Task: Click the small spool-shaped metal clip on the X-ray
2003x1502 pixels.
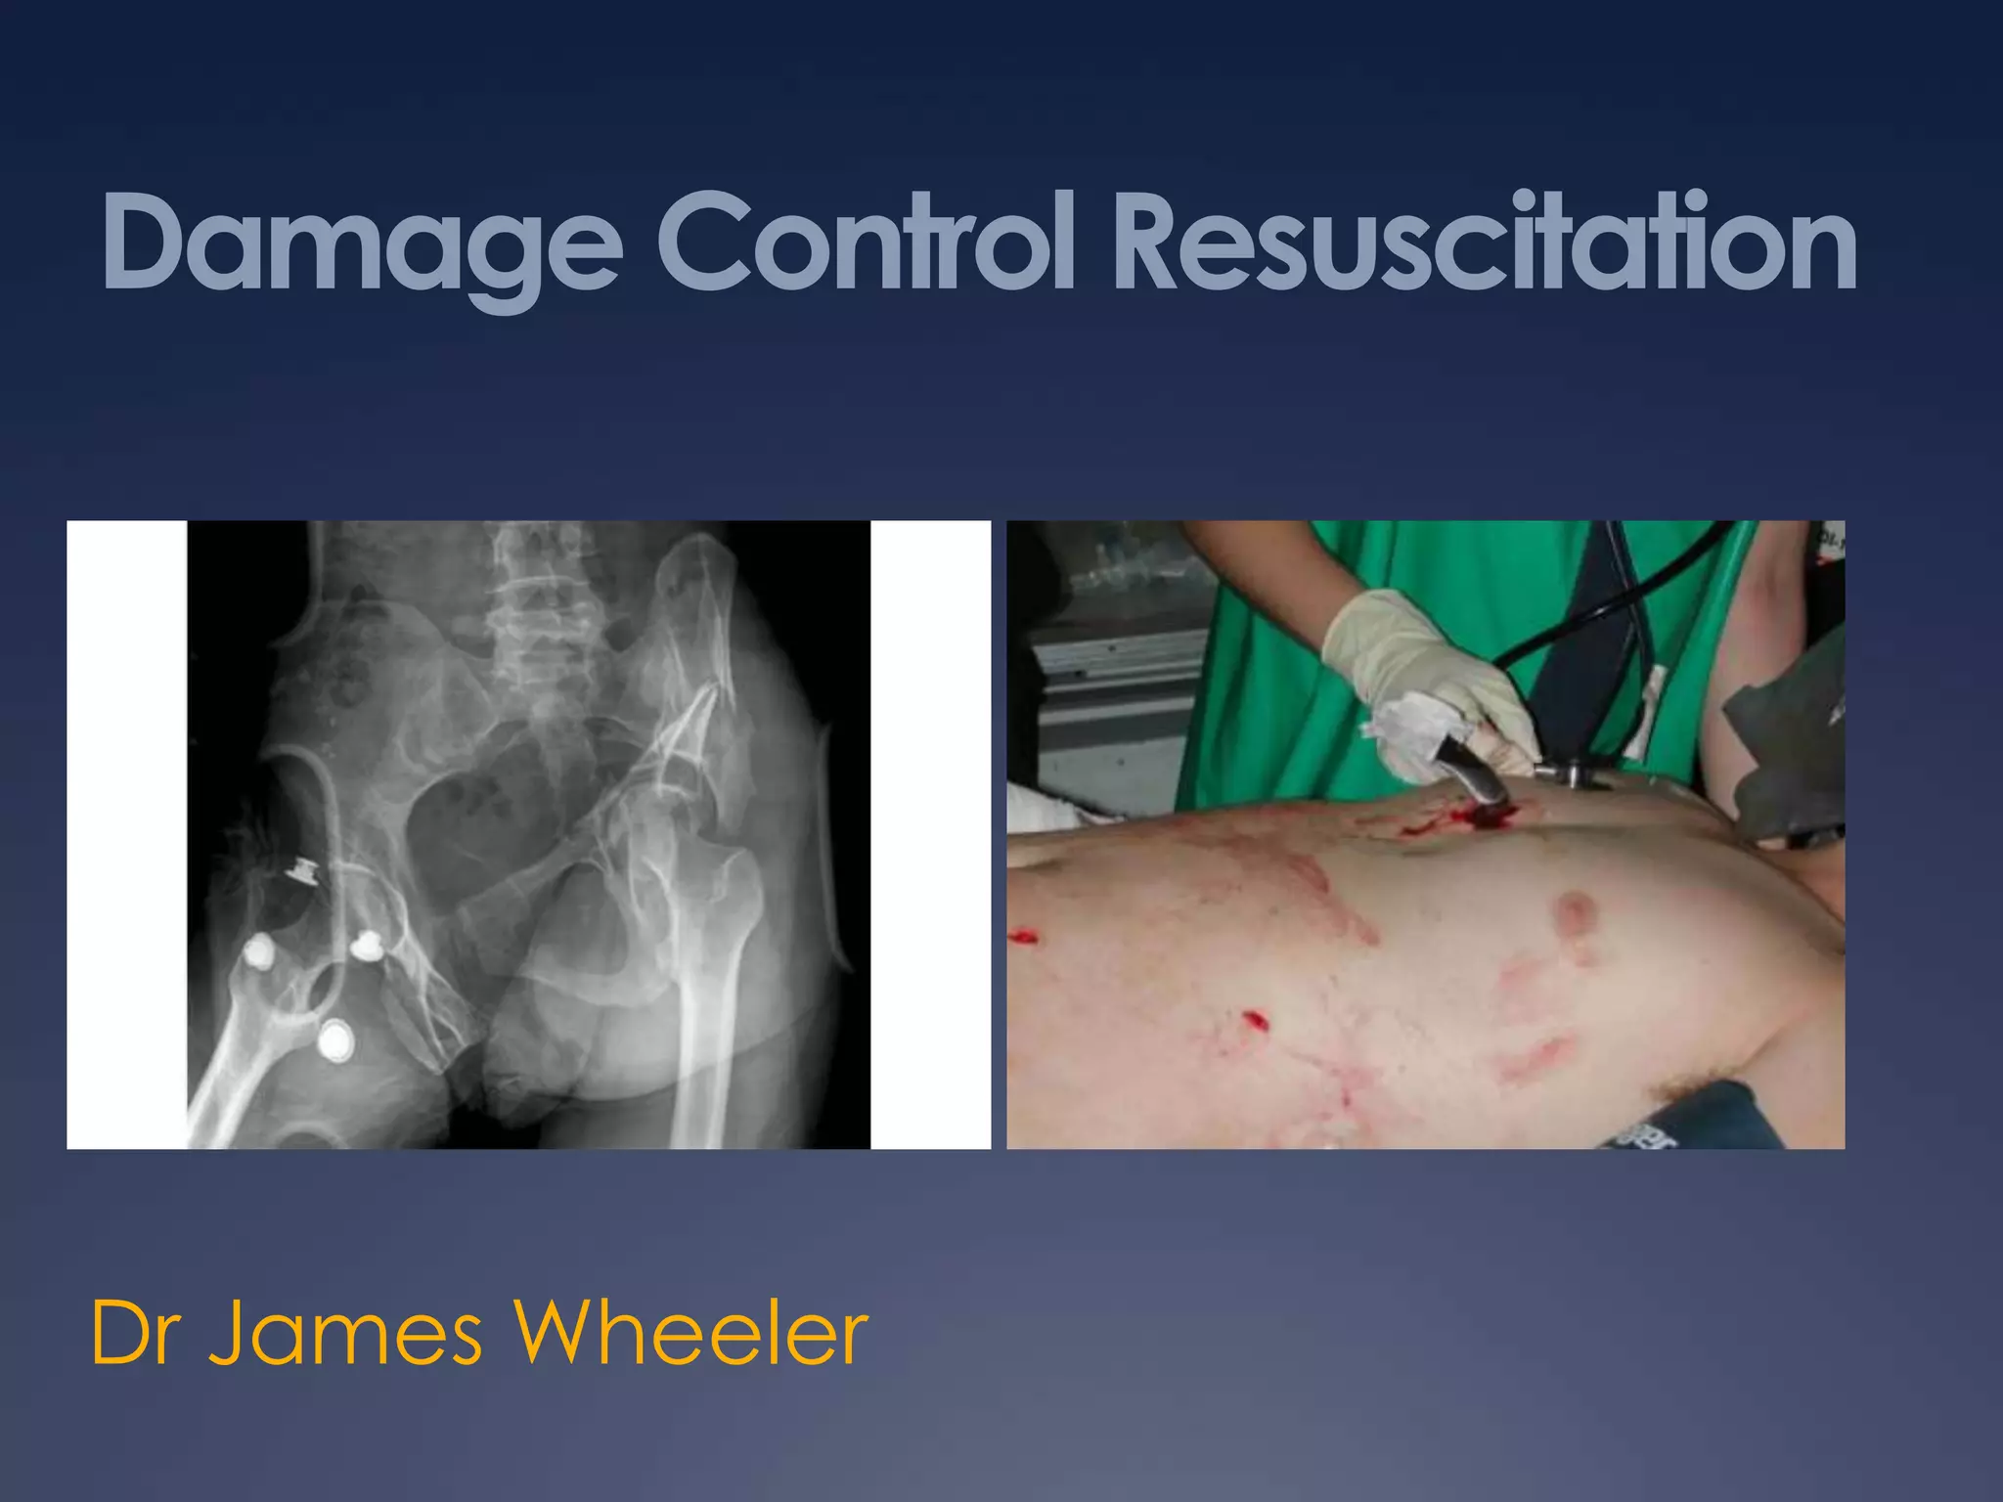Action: (304, 868)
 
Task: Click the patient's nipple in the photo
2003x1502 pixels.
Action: (1576, 914)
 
